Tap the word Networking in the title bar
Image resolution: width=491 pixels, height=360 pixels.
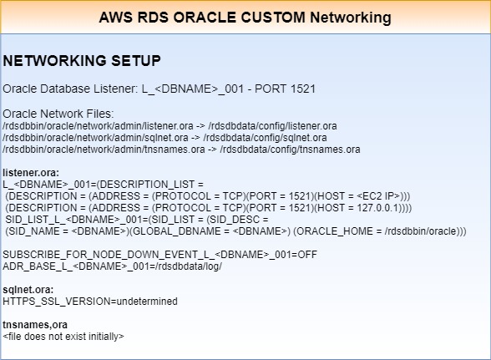351,18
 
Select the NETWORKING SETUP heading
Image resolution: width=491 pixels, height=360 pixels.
82,60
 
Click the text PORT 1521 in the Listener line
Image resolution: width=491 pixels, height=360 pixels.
285,89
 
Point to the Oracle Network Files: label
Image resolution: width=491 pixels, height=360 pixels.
58,114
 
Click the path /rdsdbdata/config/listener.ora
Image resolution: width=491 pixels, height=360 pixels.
272,126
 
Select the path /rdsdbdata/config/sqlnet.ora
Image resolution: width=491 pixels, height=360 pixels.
265,138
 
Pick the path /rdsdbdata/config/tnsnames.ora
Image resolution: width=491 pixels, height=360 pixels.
290,150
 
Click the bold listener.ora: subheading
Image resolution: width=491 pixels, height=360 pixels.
31,172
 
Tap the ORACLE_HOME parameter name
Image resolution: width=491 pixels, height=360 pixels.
334,231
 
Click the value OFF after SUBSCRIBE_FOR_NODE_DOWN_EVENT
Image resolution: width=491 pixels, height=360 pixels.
307,255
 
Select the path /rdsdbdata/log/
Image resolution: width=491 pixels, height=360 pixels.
189,266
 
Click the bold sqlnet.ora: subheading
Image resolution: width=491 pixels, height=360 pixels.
28,290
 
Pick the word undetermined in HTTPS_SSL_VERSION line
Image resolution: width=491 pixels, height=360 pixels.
147,301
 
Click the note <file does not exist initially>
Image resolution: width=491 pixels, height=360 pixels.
63,336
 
